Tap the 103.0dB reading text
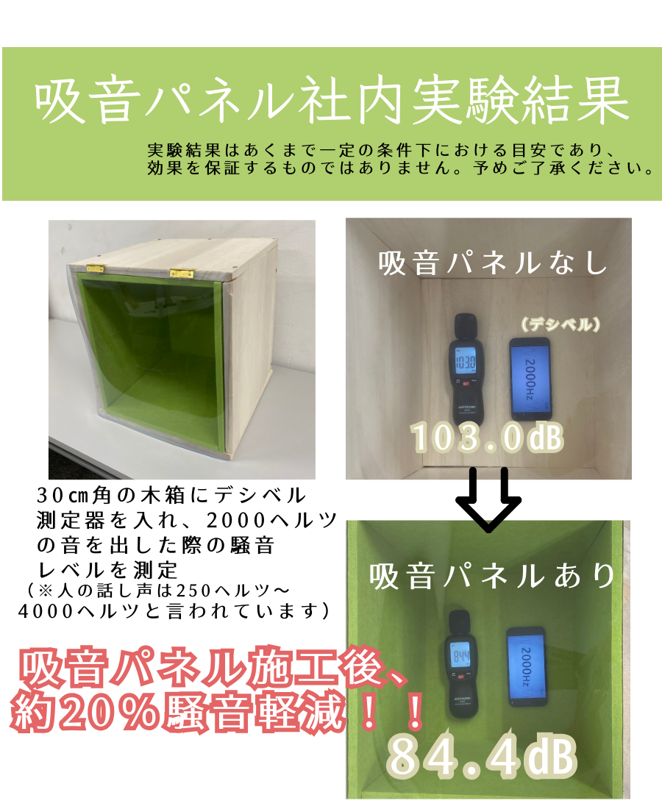pos(486,437)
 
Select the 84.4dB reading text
pos(481,757)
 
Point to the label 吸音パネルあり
pos(492,576)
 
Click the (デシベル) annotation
pos(560,324)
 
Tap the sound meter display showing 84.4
pos(460,657)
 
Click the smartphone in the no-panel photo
pos(530,378)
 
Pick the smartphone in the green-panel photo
pos(527,666)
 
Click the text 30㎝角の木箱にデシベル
pos(171,495)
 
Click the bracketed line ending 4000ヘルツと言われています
pos(174,611)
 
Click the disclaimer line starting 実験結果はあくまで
pos(382,150)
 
